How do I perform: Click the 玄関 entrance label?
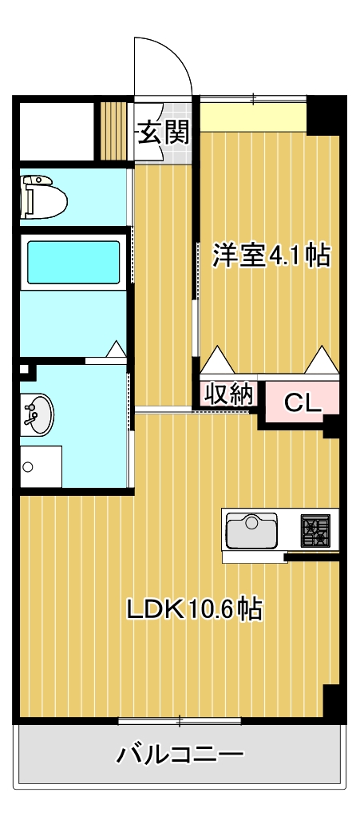(164, 132)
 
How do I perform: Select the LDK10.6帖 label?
(195, 610)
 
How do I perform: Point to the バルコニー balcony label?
(180, 755)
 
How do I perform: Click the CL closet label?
(303, 402)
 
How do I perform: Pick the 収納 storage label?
(229, 394)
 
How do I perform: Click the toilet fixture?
(42, 196)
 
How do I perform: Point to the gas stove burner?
(315, 531)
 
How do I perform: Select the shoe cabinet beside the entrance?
(114, 130)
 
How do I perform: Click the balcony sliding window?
(180, 721)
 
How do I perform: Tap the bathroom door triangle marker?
(117, 350)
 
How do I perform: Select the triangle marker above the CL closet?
(322, 360)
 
